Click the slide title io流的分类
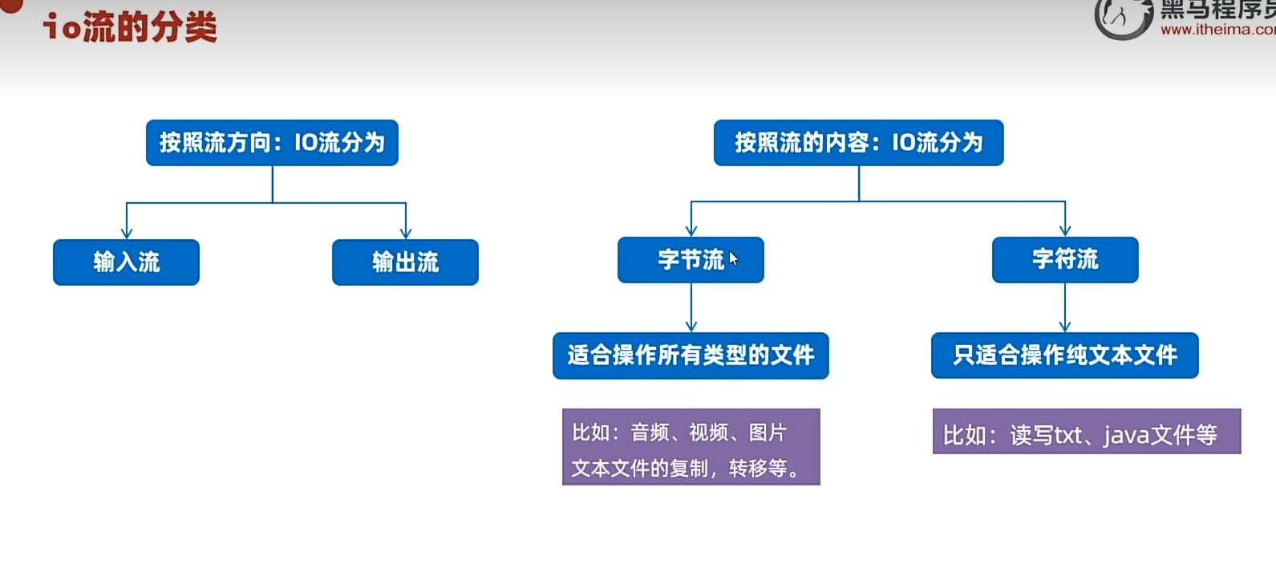tap(130, 27)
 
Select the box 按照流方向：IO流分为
tap(272, 143)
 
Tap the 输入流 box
tap(126, 262)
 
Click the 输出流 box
tap(405, 262)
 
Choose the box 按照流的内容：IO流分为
tap(858, 143)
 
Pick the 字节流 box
tap(690, 260)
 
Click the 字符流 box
tap(1064, 260)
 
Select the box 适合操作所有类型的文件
tap(691, 356)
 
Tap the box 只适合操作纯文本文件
tap(1064, 356)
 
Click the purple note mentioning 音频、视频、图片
tap(691, 447)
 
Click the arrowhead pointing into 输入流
tap(127, 233)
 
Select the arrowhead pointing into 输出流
tap(406, 233)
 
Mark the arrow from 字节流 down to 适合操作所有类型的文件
tap(691, 309)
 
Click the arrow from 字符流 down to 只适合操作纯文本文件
tap(1065, 309)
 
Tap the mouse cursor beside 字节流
tap(733, 258)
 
